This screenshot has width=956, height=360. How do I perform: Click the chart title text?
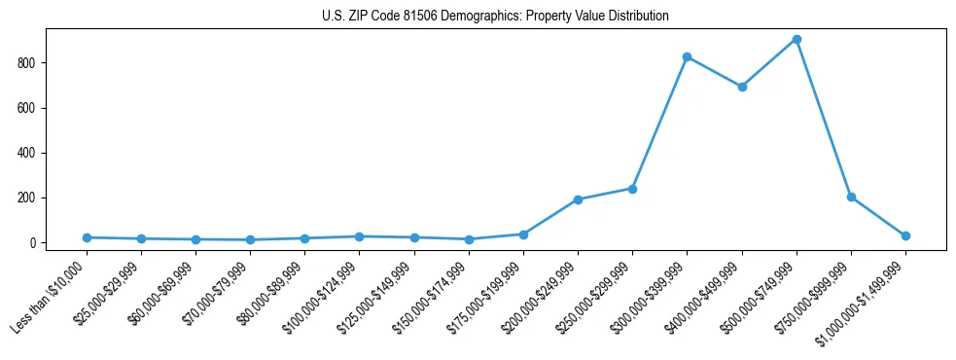click(495, 17)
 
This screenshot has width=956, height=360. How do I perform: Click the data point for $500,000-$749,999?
click(797, 40)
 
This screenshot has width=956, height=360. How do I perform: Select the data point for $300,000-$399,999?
click(688, 57)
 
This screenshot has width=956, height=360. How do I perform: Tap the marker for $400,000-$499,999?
click(742, 87)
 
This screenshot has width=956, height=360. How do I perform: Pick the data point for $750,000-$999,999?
click(851, 198)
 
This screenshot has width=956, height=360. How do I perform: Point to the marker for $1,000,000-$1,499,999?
click(905, 235)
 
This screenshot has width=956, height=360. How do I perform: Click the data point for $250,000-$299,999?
click(633, 189)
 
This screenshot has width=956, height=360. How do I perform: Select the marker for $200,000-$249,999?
click(578, 199)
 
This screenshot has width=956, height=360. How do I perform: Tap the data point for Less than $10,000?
click(88, 237)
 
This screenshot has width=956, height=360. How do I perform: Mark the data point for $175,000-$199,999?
click(523, 234)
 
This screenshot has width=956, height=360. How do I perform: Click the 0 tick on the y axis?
click(34, 242)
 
